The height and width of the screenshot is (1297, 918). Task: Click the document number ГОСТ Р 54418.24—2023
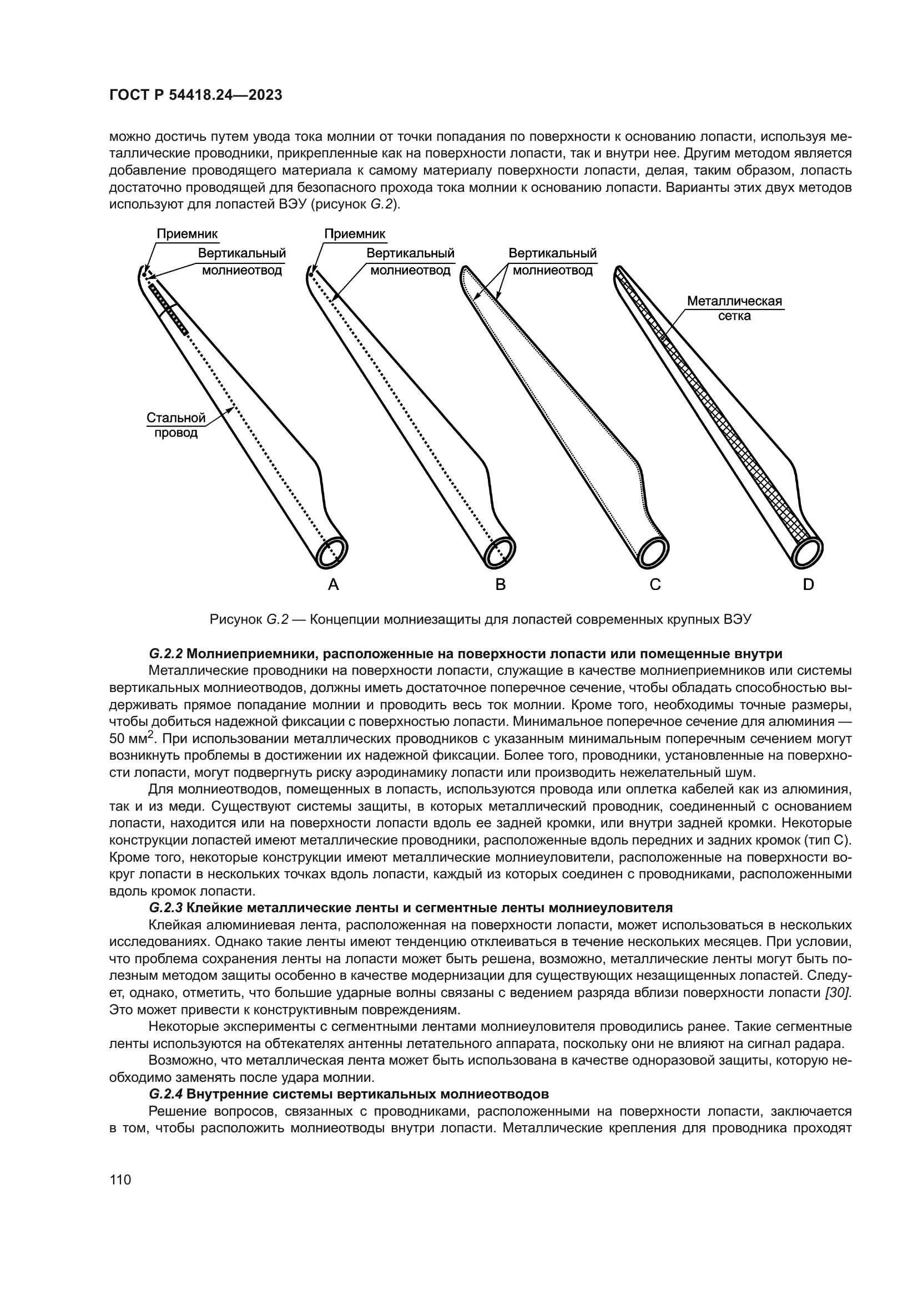195,95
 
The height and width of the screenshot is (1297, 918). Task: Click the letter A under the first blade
334,584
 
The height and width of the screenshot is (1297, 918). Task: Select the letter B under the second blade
500,584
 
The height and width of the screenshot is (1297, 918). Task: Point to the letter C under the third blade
655,584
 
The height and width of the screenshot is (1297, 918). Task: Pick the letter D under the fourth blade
808,584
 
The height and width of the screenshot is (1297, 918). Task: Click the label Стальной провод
176,425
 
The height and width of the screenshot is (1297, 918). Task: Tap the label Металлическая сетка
734,308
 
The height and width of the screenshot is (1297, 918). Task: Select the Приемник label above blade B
355,234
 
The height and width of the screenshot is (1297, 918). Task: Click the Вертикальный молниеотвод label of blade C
552,262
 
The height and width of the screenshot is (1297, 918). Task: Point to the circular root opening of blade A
332,550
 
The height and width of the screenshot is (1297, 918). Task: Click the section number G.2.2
165,654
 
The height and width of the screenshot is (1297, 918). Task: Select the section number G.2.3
165,908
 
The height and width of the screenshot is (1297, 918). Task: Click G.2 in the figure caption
278,619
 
